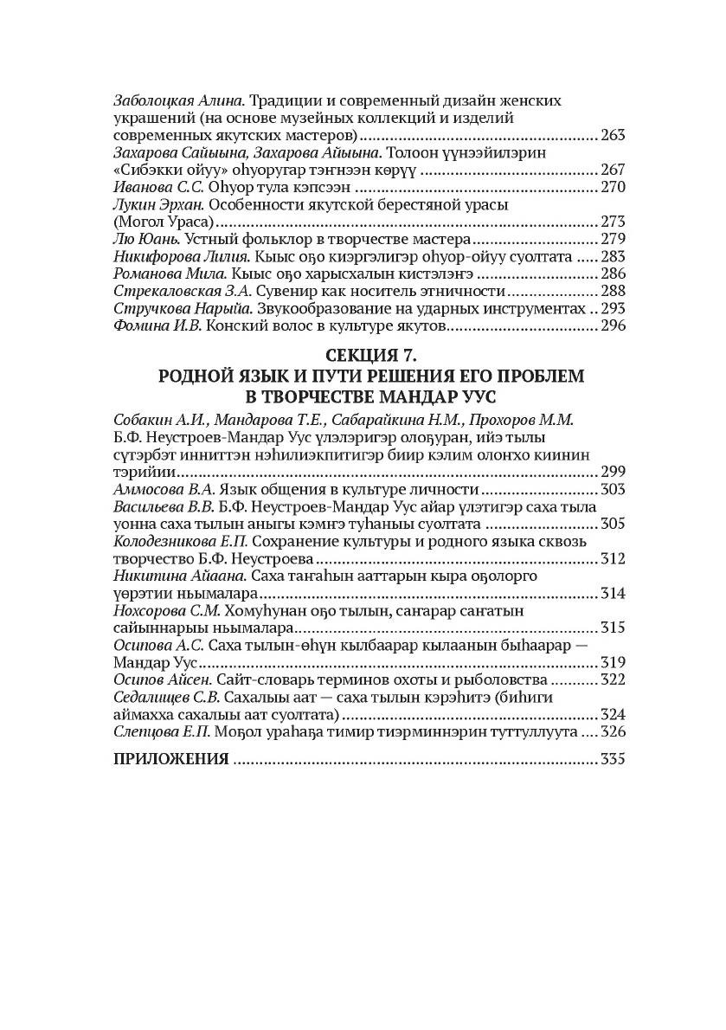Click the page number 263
tap(613, 136)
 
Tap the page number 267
tap(613, 171)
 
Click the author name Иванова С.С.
tap(145, 188)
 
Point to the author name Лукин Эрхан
tap(152, 205)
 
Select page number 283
tap(613, 257)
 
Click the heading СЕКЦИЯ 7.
tap(371, 357)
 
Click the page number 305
tap(613, 525)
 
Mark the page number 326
tap(613, 732)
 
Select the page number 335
tap(613, 761)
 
